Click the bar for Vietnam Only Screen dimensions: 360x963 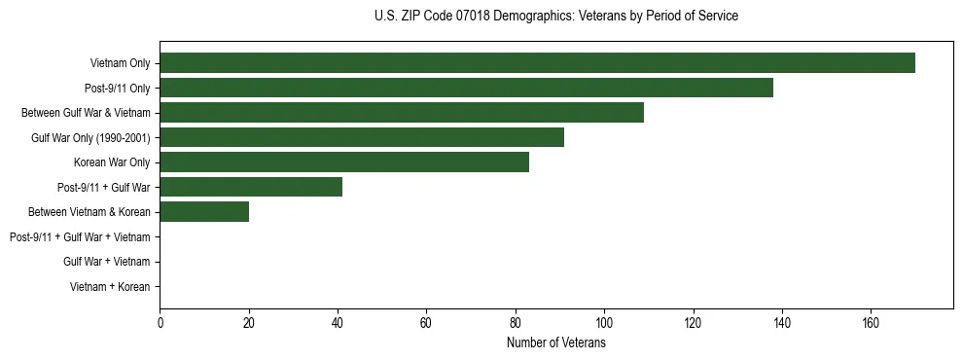(x=537, y=63)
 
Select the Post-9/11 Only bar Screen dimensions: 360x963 (x=466, y=88)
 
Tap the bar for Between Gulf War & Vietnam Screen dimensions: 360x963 (x=402, y=113)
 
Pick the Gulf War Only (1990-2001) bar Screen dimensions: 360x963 (x=362, y=137)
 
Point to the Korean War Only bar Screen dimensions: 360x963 (x=344, y=162)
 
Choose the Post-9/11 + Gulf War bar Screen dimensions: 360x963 (x=251, y=187)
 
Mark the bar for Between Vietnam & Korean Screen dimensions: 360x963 (x=204, y=212)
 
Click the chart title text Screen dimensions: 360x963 (x=555, y=17)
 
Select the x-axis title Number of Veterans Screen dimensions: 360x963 (x=555, y=343)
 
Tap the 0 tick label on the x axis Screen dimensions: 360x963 (x=160, y=323)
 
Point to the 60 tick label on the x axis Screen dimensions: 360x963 (x=426, y=323)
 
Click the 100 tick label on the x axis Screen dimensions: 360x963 (x=604, y=323)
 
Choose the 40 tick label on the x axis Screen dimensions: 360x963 (x=338, y=323)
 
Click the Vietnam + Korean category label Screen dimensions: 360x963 (x=110, y=287)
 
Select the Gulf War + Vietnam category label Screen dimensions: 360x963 (x=106, y=262)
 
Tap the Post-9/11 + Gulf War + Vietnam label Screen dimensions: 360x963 (x=80, y=237)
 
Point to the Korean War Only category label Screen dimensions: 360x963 (x=112, y=162)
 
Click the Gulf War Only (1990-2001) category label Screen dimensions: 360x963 (x=90, y=137)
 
